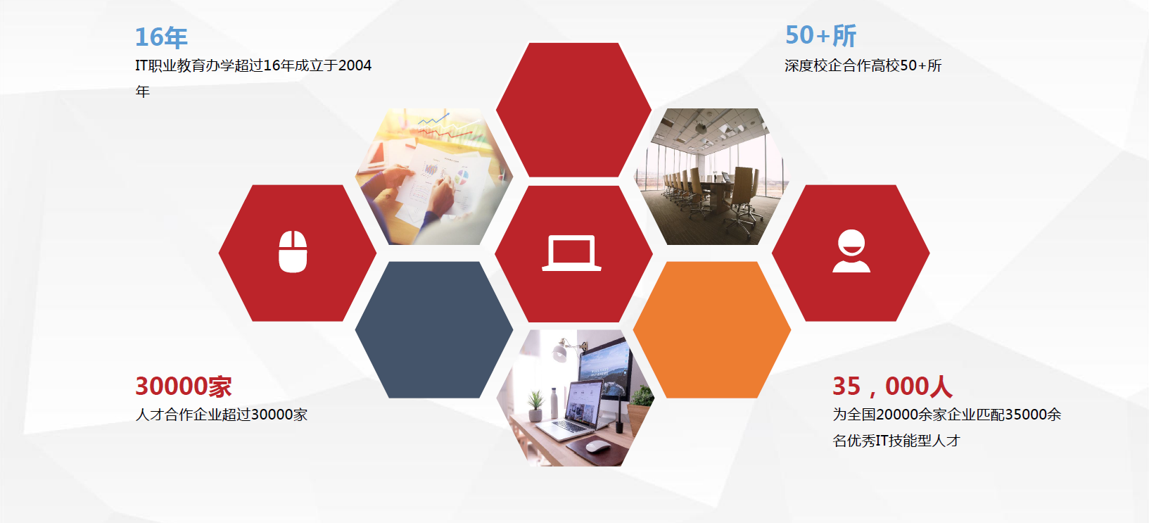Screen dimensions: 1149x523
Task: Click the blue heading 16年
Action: click(x=161, y=37)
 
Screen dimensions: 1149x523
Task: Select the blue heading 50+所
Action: click(x=820, y=35)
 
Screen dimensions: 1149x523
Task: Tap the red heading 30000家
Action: click(x=184, y=386)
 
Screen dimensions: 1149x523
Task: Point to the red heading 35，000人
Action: click(x=892, y=386)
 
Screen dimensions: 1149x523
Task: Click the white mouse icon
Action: click(x=293, y=251)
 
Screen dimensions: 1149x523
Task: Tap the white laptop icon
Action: click(x=571, y=253)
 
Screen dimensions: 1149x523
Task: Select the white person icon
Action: click(x=851, y=251)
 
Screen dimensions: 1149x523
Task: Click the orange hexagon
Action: click(x=712, y=329)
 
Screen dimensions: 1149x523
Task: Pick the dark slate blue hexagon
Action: click(x=434, y=329)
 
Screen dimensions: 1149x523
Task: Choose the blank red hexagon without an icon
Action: click(x=573, y=109)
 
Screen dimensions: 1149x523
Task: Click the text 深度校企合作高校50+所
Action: click(x=863, y=65)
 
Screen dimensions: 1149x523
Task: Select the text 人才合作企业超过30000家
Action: click(x=221, y=415)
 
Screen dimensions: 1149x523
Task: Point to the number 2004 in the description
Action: click(x=355, y=65)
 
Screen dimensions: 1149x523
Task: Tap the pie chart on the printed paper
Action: click(x=462, y=177)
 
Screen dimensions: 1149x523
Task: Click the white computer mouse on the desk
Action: click(x=597, y=446)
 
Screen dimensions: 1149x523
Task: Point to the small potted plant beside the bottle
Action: click(x=535, y=406)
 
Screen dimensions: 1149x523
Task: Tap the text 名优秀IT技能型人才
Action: click(x=896, y=441)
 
